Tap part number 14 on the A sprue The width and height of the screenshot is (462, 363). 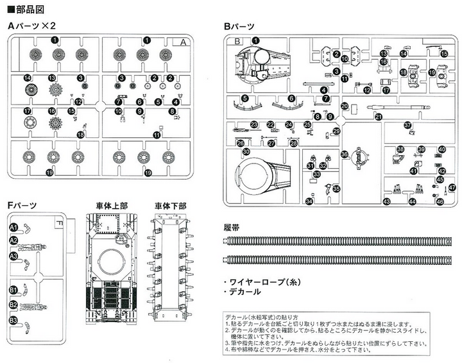coord(28,78)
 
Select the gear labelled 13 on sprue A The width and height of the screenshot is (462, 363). coord(52,78)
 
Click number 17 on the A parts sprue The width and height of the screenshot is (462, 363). coord(28,111)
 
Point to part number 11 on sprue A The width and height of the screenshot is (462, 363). coord(157,134)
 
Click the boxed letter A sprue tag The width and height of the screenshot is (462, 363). coord(183,42)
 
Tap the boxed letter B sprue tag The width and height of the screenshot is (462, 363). coord(236,42)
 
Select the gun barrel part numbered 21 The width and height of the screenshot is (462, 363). coord(379,116)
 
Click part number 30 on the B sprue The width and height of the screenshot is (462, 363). coord(246,152)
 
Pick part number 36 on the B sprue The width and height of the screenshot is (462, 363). coord(344,154)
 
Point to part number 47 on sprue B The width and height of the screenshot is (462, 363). coord(452,188)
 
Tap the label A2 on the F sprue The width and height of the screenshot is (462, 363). coord(13,241)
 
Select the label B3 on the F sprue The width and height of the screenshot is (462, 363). coord(13,320)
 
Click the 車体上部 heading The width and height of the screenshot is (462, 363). coord(113,205)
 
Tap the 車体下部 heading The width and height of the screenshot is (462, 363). coord(170,205)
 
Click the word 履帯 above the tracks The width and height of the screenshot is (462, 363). coord(232,228)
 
